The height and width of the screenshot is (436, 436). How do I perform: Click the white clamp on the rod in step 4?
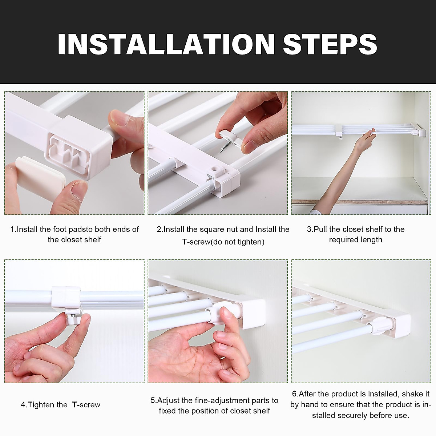64,296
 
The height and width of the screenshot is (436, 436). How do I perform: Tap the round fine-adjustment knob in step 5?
219,313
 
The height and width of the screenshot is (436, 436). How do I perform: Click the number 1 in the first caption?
13,229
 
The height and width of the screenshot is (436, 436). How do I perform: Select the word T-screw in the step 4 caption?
86,405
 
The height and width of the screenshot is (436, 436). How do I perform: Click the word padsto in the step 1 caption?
81,229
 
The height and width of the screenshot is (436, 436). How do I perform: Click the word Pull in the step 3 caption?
320,229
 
